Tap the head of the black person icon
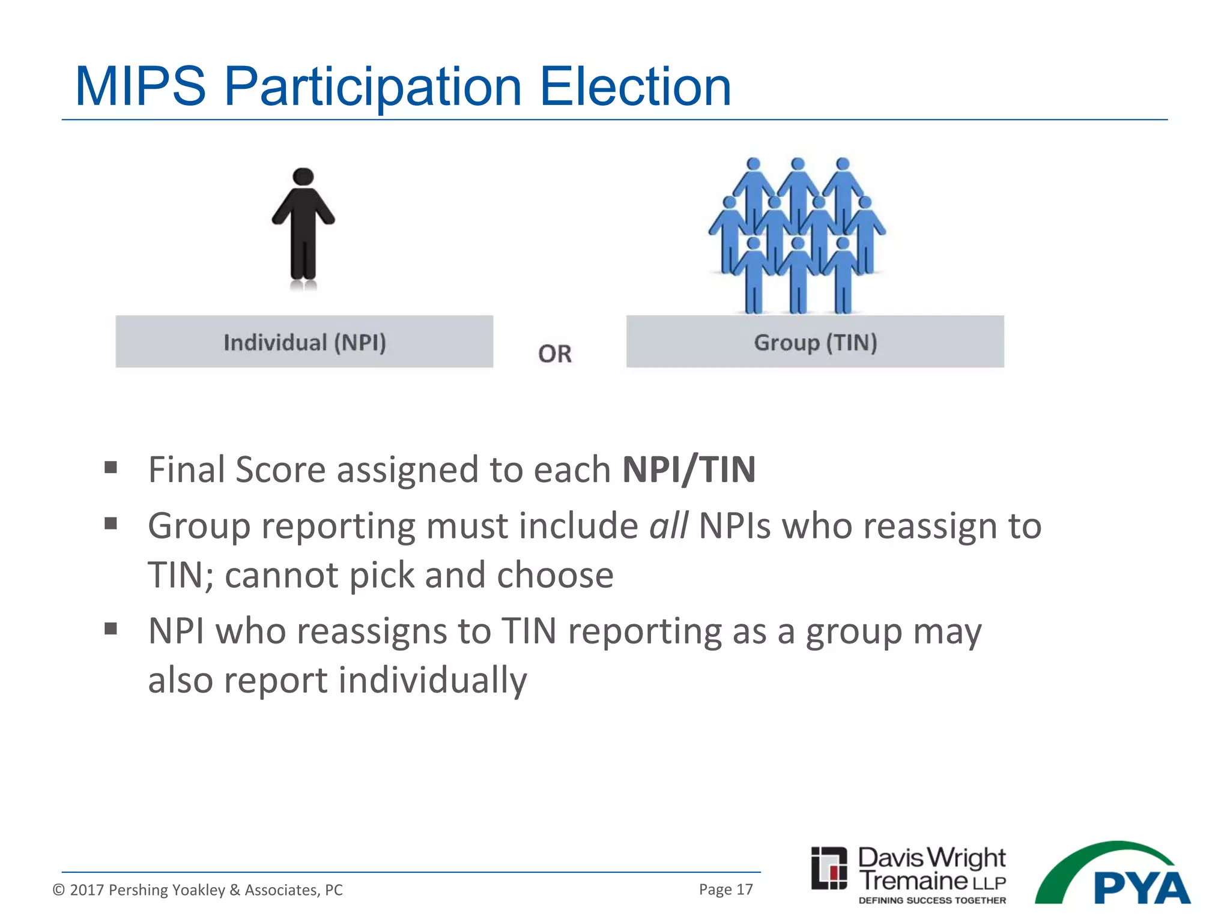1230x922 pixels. point(303,176)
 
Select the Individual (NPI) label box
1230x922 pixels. point(304,342)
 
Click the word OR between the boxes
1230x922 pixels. point(554,354)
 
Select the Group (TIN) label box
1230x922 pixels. point(815,342)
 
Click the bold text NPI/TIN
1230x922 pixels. point(689,469)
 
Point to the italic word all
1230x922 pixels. point(668,526)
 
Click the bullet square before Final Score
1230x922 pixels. point(111,467)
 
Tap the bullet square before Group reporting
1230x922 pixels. point(111,523)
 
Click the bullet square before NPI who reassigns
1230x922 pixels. point(111,628)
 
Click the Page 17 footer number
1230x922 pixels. point(726,889)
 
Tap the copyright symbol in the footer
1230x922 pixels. point(58,890)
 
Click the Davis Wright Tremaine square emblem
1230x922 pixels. point(829,868)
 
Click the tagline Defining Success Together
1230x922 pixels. point(932,900)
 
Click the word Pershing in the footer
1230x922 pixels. point(136,890)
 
